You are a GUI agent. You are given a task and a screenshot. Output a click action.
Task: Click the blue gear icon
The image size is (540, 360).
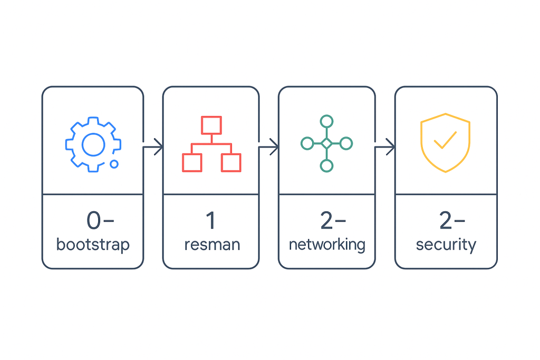93,143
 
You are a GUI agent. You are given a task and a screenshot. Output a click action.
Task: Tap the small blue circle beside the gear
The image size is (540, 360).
114,164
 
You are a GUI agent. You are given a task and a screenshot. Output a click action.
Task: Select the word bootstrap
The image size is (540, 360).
93,245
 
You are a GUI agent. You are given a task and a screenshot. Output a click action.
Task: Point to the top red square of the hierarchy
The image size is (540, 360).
211,125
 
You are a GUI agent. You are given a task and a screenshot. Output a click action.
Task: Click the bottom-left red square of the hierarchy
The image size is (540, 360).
192,162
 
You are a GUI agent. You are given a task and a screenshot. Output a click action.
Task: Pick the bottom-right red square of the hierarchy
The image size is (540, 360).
231,162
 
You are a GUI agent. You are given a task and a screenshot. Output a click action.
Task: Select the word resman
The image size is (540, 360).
212,245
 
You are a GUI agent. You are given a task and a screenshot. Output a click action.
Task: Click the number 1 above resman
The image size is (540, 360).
210,221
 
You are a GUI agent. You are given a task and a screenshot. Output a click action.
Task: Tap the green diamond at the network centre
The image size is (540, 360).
327,143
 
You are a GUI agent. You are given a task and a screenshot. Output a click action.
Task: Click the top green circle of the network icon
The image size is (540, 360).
327,121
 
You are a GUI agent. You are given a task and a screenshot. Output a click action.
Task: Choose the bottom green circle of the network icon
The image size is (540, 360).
327,166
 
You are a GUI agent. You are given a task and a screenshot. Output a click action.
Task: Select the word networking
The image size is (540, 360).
327,245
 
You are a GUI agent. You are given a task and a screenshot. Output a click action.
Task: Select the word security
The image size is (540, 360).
446,245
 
